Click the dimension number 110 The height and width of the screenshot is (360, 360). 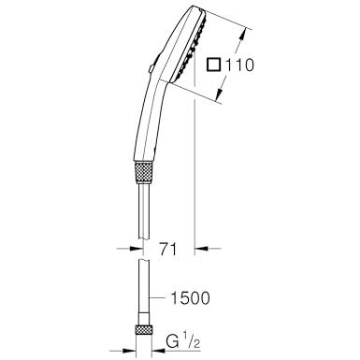239,65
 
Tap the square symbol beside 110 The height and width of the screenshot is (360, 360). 214,65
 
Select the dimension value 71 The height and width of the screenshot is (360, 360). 168,249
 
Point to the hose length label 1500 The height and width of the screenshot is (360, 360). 190,298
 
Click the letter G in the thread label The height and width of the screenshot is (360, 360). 173,342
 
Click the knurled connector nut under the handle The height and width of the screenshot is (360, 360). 144,171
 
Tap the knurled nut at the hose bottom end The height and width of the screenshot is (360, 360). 144,329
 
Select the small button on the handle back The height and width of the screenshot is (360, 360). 151,68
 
